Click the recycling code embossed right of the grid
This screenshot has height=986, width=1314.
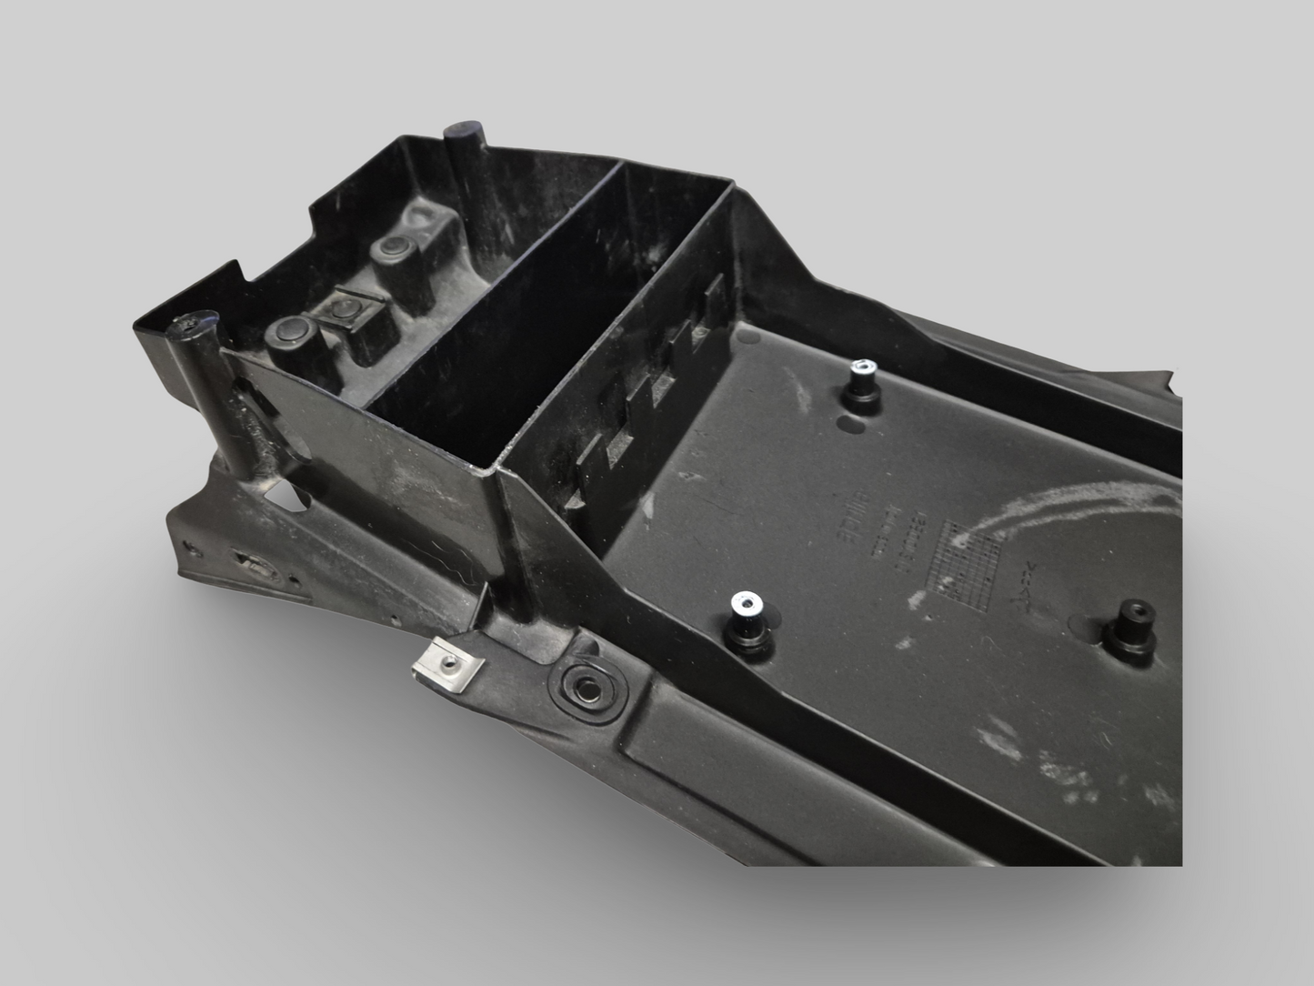click(1026, 575)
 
